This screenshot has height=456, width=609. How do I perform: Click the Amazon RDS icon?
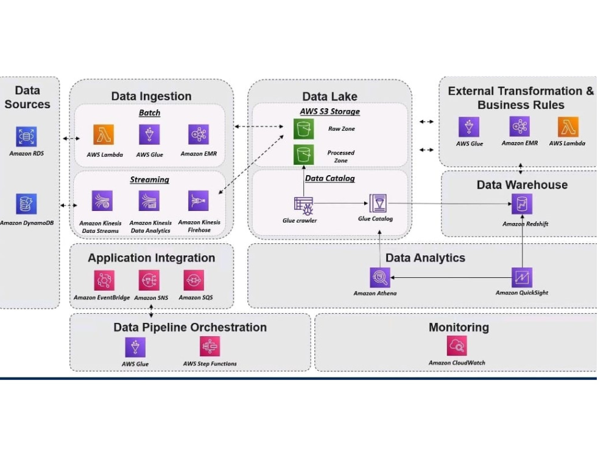[x=26, y=136]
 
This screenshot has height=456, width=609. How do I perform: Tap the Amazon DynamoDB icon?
[x=26, y=204]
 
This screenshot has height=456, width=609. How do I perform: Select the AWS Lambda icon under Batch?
[x=104, y=134]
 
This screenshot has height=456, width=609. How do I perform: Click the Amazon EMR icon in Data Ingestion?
[x=199, y=134]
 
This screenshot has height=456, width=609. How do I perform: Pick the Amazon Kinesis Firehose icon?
[x=199, y=201]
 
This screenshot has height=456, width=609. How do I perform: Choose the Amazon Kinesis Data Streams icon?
[x=102, y=201]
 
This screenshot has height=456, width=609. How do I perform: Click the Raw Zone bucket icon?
[x=304, y=129]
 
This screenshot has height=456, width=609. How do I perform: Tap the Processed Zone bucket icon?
[x=304, y=154]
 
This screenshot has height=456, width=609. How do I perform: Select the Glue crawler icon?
[x=304, y=206]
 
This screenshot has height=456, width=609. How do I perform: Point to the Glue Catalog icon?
[x=378, y=203]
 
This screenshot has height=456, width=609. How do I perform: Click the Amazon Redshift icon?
[x=522, y=204]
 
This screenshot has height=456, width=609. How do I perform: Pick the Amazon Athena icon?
[x=380, y=278]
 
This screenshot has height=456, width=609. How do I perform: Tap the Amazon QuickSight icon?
[x=522, y=278]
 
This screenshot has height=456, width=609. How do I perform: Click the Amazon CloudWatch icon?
[x=457, y=345]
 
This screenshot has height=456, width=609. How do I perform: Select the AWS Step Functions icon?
[x=210, y=347]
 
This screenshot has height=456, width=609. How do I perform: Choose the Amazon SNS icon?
[x=149, y=280]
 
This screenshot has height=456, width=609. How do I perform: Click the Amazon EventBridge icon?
[x=104, y=280]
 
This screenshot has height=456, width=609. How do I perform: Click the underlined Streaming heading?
[x=150, y=179]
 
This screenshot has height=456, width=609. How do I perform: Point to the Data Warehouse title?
[x=522, y=185]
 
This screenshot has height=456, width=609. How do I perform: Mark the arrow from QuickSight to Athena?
[x=451, y=278]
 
